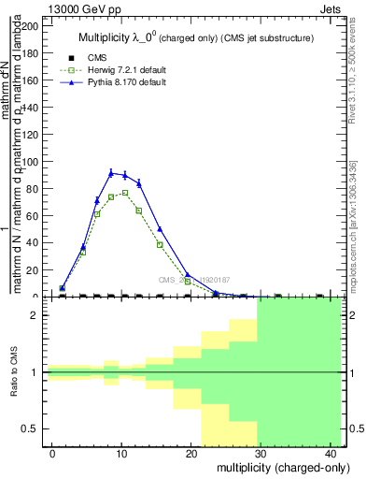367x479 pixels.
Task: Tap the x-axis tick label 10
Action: (x=120, y=453)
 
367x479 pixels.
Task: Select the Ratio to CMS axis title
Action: (x=14, y=372)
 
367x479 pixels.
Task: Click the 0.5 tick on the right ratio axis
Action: (x=357, y=428)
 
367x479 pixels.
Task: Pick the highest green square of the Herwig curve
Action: (x=124, y=193)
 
